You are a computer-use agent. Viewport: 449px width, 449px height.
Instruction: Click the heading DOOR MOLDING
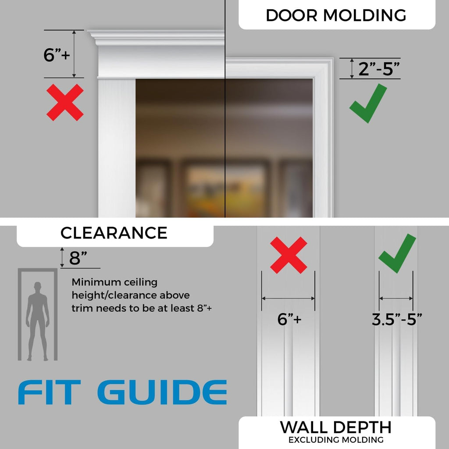tap(336, 15)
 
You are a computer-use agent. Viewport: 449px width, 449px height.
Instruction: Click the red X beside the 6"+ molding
tap(65, 103)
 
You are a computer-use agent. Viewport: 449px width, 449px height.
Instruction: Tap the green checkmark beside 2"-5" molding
tap(367, 104)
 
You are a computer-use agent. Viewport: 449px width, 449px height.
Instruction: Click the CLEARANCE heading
tap(114, 233)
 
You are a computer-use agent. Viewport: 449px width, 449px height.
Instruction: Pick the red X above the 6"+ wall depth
tap(289, 255)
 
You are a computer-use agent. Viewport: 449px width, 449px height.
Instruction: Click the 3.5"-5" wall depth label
tap(396, 319)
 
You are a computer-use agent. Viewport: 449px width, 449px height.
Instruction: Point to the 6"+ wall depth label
tap(289, 319)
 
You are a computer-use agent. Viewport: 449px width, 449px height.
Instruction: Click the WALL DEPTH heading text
tap(335, 427)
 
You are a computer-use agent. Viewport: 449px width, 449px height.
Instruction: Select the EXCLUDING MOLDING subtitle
tap(335, 439)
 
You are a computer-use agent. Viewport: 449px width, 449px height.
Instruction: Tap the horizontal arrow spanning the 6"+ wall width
tap(288, 298)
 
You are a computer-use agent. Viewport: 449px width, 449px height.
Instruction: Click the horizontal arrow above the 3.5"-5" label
tap(396, 298)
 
